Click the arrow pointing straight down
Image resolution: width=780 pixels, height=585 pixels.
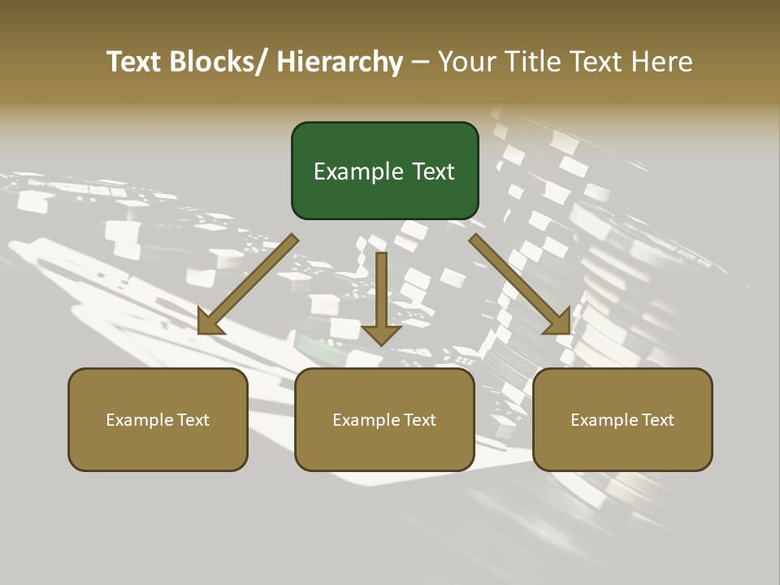[x=381, y=292]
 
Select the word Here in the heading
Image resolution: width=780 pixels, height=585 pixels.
[x=661, y=63]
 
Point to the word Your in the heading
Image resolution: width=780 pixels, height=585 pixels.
[x=466, y=63]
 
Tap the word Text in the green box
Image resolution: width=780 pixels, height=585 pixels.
[x=431, y=172]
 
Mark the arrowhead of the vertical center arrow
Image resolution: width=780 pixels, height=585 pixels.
[x=381, y=333]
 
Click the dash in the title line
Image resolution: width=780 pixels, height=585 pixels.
[x=420, y=63]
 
